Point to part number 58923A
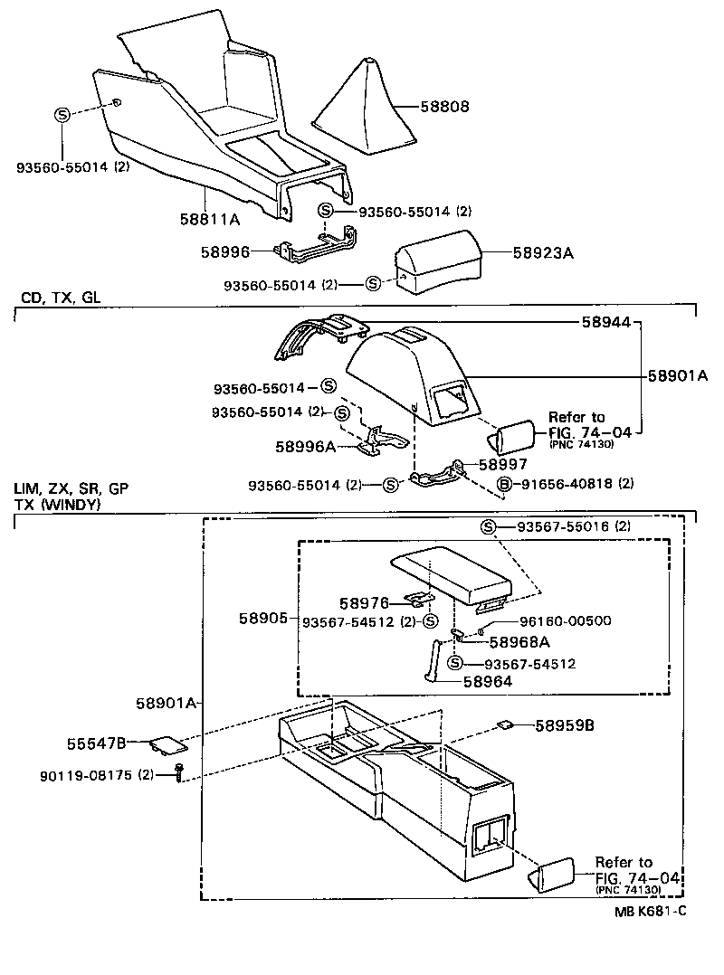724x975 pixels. click(543, 253)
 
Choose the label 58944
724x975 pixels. click(608, 322)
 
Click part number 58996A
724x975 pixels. click(305, 446)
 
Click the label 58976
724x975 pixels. click(364, 602)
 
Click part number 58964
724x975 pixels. click(488, 682)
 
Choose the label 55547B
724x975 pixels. click(96, 743)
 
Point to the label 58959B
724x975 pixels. click(564, 724)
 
